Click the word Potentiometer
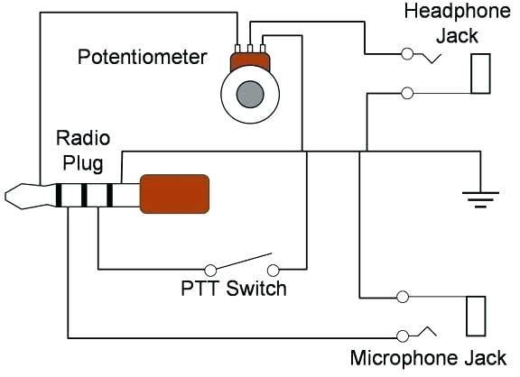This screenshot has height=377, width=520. pos(143,58)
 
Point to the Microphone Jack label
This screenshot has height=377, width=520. pos(428,356)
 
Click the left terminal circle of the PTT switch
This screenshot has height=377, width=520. pos(210,269)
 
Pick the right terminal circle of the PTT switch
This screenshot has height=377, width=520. pos(274,269)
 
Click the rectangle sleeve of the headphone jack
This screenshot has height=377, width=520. pos(480,74)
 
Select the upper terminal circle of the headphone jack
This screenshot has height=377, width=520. pos(407,56)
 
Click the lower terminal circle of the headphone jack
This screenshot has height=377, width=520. pos(407,92)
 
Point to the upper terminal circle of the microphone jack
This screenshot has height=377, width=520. pos(402,297)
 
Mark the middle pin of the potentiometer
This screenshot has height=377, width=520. pos(249,48)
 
